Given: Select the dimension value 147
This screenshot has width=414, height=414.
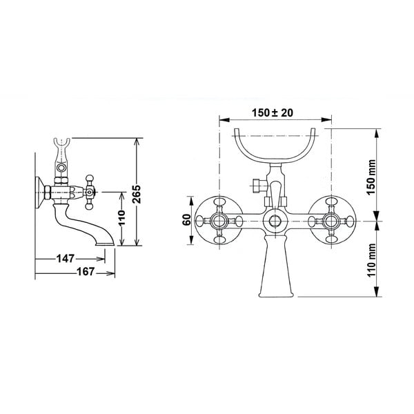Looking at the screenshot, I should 66,259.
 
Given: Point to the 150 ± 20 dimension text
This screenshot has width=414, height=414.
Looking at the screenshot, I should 273,112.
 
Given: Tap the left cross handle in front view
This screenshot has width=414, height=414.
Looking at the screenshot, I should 219,221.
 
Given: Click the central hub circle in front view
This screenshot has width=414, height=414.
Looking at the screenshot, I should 274,221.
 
